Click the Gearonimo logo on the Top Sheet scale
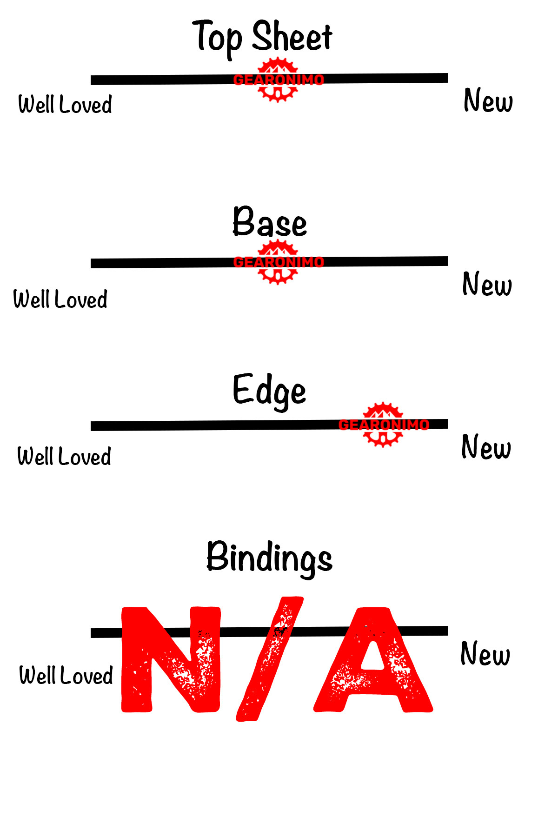[278, 80]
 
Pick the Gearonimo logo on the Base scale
[278, 262]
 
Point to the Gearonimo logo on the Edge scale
[383, 425]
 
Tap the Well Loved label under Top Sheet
[65, 104]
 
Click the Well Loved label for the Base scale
[60, 299]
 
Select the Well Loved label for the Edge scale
[64, 456]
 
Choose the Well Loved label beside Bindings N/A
[66, 675]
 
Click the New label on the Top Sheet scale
[488, 100]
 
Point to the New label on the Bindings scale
[485, 653]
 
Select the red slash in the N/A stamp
[270, 659]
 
